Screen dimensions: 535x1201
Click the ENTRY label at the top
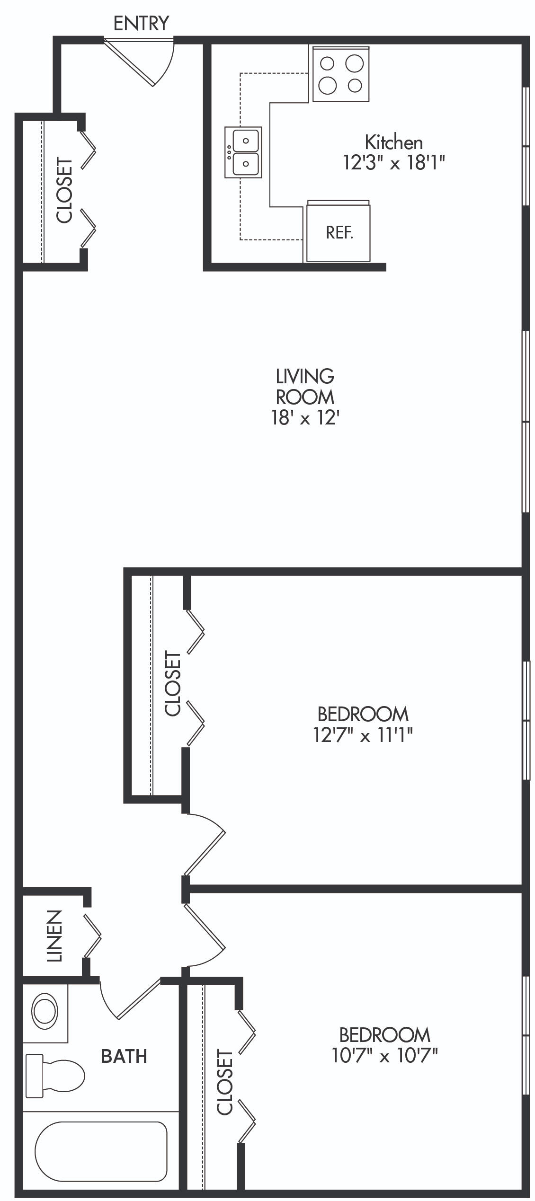click(x=141, y=23)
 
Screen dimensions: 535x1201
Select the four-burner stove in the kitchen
click(x=341, y=74)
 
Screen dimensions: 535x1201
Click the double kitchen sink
click(x=243, y=152)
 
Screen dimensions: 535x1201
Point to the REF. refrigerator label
click(x=339, y=232)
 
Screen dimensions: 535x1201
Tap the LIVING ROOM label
click(x=305, y=386)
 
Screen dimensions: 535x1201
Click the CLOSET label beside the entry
click(x=64, y=190)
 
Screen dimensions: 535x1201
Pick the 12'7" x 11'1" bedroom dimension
click(x=363, y=735)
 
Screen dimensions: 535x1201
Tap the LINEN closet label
click(x=54, y=936)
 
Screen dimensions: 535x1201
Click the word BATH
click(x=124, y=1056)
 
